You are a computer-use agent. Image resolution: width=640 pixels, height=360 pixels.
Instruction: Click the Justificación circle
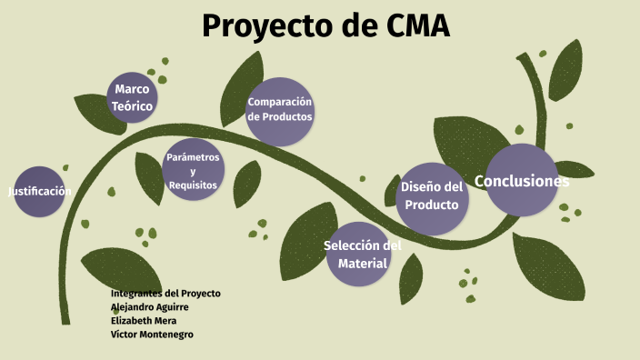pos(39,191)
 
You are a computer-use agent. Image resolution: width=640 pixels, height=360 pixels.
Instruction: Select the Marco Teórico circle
pos(132,97)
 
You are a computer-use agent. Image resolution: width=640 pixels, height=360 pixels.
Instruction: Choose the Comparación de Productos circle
pos(280,110)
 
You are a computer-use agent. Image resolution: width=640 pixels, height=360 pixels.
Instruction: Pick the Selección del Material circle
pos(363,255)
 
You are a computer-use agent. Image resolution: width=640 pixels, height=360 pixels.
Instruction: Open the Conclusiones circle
pos(522,181)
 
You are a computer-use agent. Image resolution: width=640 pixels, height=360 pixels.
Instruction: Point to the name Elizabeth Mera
pos(144,321)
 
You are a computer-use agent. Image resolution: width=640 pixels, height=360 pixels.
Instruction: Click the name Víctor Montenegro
pos(152,335)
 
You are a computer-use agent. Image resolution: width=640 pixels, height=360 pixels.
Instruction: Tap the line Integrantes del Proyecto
pos(165,294)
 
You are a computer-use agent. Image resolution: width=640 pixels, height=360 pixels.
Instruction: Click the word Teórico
pos(132,106)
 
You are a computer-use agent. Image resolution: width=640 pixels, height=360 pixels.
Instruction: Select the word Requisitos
pos(193,185)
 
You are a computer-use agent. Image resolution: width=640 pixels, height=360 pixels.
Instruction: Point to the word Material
pos(363,264)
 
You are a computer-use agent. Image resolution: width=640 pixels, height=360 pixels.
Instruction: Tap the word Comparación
pos(280,102)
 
